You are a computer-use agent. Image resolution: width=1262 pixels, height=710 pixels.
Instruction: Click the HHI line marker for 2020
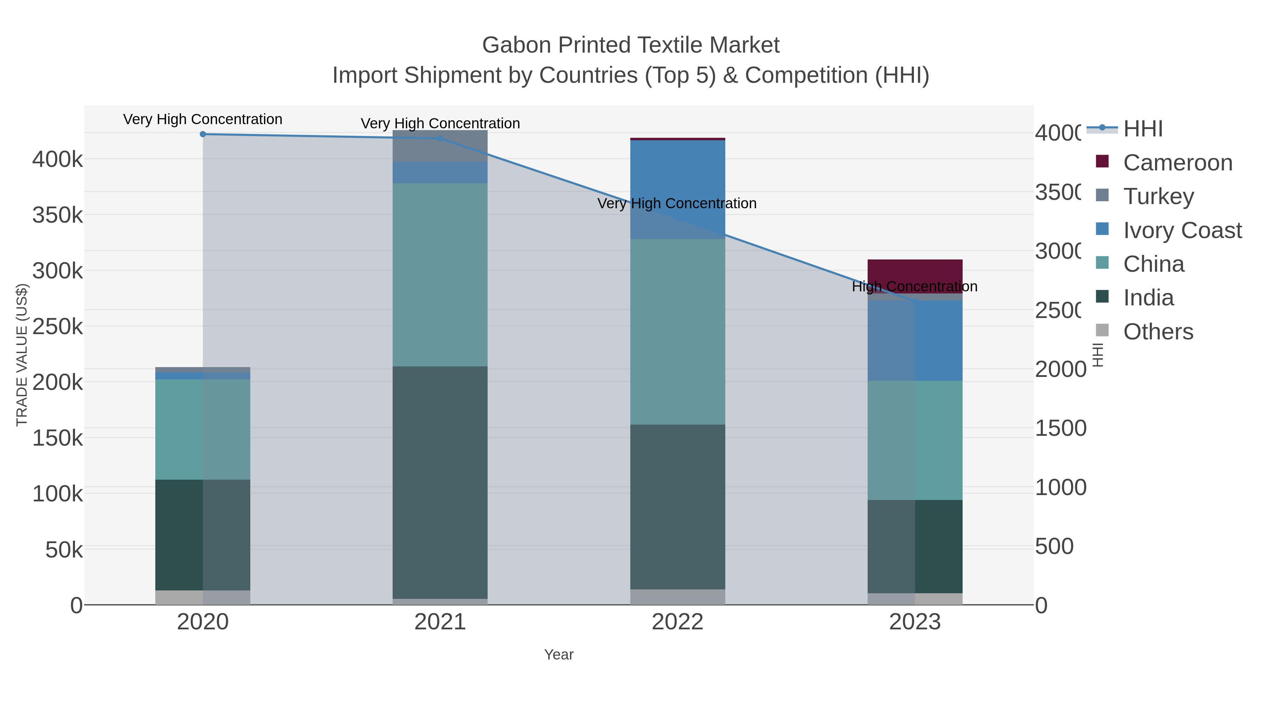click(203, 134)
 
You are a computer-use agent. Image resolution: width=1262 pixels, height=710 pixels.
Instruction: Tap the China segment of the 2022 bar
click(678, 332)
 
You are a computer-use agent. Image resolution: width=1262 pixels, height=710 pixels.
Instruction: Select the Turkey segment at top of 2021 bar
click(440, 146)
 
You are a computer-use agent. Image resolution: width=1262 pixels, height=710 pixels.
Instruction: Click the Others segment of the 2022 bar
click(678, 597)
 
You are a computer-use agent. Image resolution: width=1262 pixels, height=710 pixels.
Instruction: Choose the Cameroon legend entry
click(1177, 163)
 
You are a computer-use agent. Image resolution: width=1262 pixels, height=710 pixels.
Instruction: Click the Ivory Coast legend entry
click(1182, 230)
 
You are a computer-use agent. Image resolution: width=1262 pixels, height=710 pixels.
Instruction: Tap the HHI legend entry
click(1142, 129)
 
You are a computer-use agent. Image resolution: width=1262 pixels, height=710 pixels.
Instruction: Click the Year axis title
click(558, 655)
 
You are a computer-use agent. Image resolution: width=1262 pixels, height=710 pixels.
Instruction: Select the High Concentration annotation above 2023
click(914, 287)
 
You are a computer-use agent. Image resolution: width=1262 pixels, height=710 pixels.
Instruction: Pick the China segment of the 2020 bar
click(203, 429)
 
